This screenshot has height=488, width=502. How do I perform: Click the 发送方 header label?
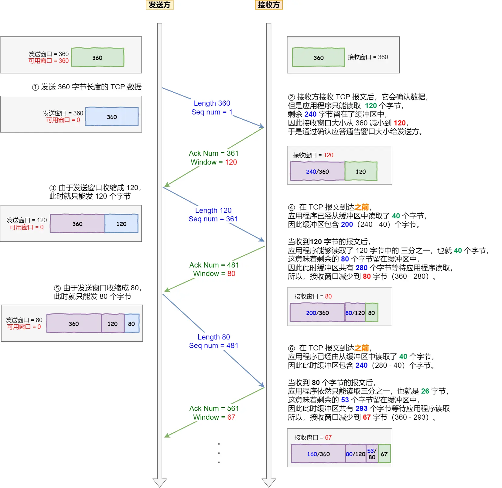point(159,5)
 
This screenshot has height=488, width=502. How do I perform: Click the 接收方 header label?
point(269,5)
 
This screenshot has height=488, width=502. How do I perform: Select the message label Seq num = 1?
point(212,112)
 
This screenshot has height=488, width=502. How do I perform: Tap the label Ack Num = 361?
point(213,153)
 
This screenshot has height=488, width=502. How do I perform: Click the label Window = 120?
point(213,162)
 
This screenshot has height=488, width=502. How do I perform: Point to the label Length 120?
point(213,210)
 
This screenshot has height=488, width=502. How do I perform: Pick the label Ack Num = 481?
point(214,265)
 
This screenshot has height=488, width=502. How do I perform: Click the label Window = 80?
point(214,274)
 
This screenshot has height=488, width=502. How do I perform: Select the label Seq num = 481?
point(213,346)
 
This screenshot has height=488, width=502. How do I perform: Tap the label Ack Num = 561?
point(214,408)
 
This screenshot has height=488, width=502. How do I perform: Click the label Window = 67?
point(214,417)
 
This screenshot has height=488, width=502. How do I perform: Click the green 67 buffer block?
point(384,454)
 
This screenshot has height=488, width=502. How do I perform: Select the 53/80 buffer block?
point(372,454)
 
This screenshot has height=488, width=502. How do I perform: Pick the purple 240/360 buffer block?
point(317,172)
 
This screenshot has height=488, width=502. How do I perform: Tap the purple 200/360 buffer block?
point(317,313)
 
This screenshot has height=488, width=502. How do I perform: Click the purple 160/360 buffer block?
point(318,454)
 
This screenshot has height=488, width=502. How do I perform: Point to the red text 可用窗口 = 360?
point(49,61)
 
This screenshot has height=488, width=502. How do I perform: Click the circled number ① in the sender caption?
point(36,87)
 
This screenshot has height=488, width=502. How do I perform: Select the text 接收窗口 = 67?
point(313,438)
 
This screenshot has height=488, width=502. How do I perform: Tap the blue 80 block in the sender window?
point(131,324)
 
